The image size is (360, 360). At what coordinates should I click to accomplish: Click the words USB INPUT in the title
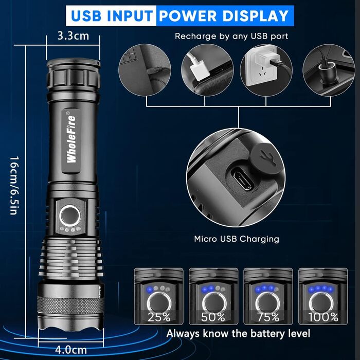112,15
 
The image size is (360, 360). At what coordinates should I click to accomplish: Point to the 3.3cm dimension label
74,36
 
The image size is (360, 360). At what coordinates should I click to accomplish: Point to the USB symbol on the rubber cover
268,154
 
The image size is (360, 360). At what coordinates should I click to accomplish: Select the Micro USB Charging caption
237,239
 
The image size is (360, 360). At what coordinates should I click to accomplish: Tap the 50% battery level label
213,317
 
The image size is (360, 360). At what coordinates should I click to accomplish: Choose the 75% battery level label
268,317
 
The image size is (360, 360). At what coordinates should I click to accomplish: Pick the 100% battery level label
323,317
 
